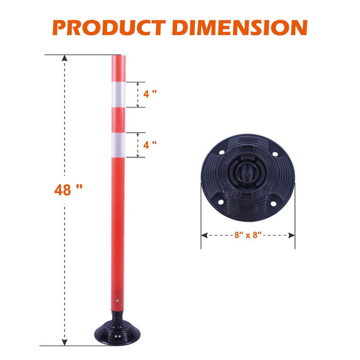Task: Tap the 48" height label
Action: coord(69,190)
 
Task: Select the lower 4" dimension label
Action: coord(149,145)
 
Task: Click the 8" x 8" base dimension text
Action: coord(247,236)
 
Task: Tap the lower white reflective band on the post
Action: coord(117,145)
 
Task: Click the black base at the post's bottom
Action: coord(116,332)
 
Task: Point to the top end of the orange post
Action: coord(117,57)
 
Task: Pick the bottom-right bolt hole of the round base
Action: coord(275,199)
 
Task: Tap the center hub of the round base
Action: coord(247,175)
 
